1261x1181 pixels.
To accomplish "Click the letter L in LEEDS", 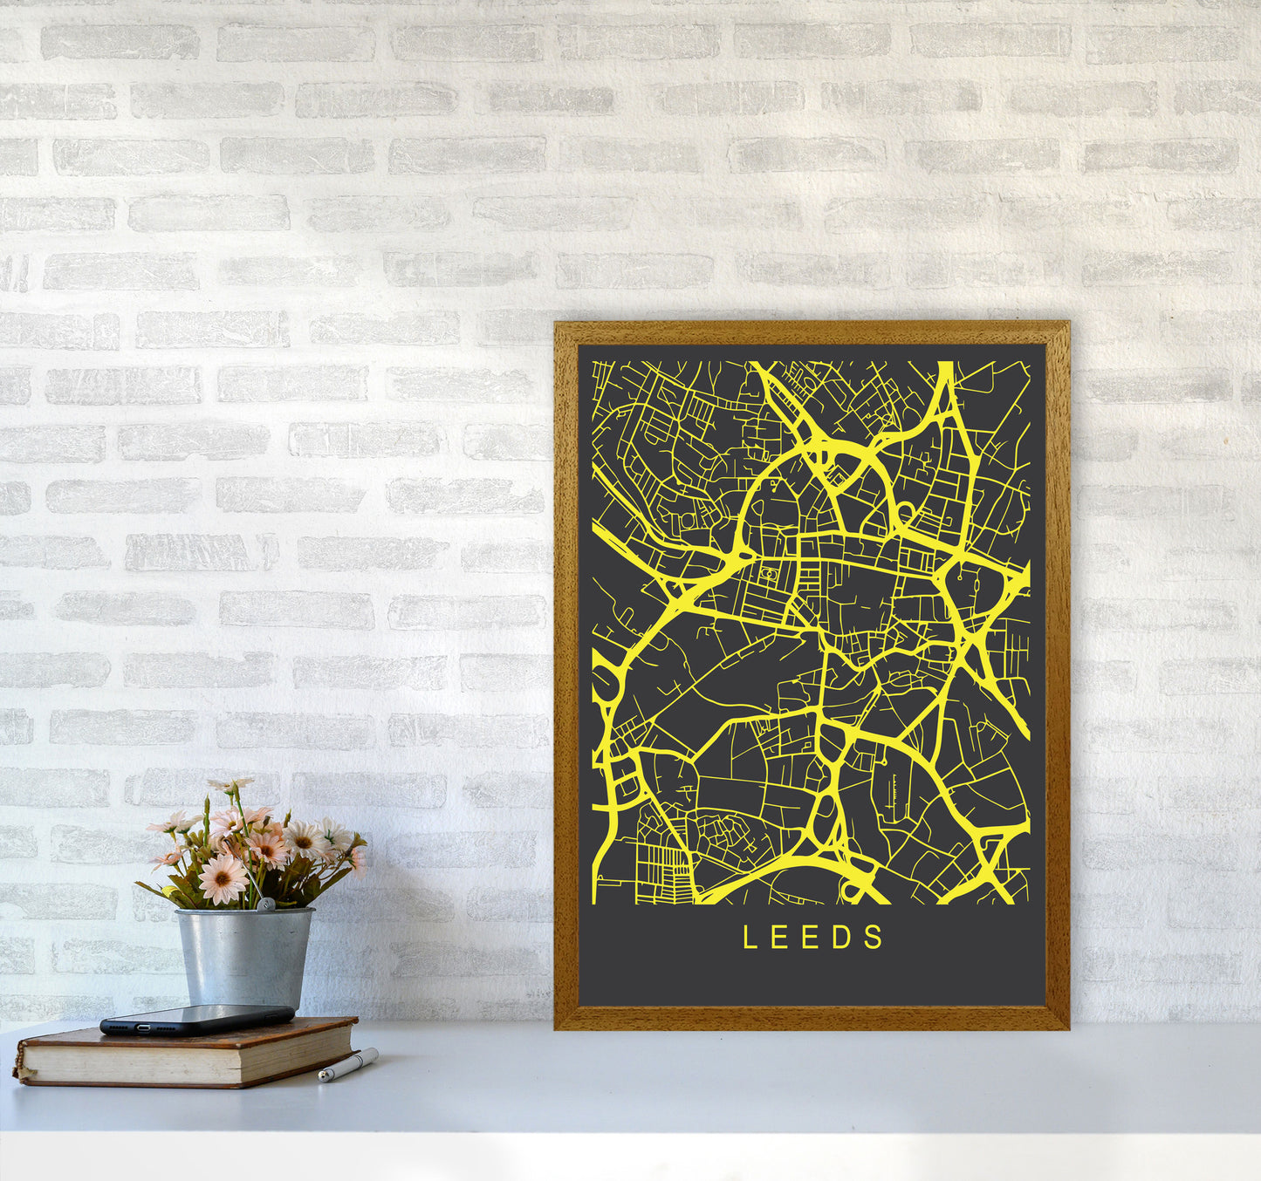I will (749, 938).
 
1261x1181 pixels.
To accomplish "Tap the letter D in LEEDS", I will (843, 938).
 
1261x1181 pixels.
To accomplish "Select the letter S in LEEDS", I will (875, 938).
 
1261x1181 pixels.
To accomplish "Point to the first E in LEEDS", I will (780, 938).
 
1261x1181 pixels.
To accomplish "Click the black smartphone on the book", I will (197, 1019).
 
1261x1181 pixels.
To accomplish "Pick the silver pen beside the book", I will (348, 1065).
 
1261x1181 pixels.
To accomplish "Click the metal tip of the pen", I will (322, 1078).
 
